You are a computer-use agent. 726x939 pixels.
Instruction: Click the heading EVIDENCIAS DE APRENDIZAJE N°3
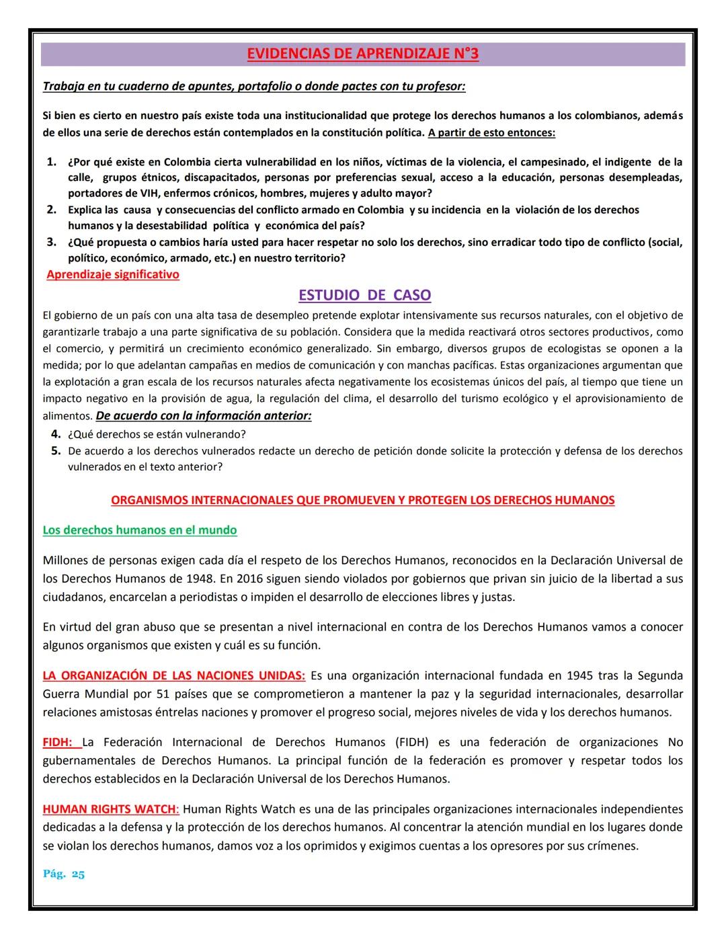362,54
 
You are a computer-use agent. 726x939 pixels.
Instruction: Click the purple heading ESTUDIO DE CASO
364,295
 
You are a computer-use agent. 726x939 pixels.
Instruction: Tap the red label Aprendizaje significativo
113,274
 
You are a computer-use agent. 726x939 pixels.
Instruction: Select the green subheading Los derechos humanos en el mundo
140,530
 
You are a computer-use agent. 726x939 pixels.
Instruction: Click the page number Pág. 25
64,874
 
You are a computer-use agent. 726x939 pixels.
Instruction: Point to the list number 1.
51,162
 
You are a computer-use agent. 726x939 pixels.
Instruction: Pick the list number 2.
51,210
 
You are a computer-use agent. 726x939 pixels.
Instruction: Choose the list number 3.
51,242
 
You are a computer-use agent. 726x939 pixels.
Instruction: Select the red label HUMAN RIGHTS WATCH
109,809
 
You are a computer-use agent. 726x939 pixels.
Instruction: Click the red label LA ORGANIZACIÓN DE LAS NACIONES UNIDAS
173,676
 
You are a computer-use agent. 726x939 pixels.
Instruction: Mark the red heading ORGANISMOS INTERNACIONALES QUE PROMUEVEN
362,500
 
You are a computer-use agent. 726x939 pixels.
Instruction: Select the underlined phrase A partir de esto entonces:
491,132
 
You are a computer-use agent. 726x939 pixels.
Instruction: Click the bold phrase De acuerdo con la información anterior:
204,415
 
